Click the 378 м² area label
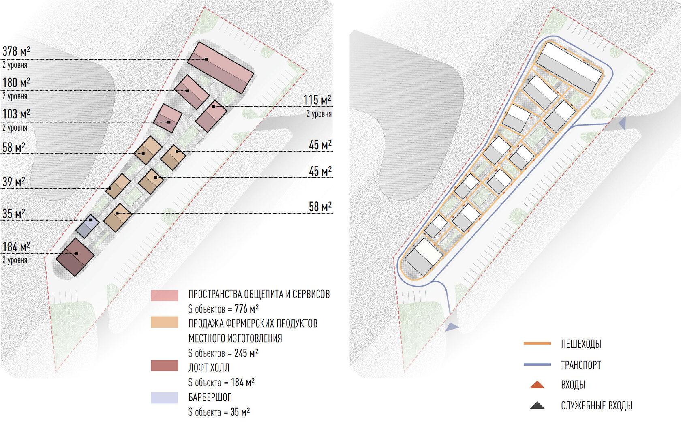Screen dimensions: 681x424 click(16, 51)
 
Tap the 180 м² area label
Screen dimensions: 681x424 click(16, 83)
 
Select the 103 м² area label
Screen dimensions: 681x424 click(16, 114)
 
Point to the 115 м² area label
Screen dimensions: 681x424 click(317, 100)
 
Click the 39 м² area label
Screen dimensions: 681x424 click(14, 182)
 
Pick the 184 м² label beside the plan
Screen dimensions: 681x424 click(16, 247)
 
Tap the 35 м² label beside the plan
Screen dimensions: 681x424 click(14, 214)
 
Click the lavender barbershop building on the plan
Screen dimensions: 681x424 click(87, 226)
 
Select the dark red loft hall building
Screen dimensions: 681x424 click(75, 257)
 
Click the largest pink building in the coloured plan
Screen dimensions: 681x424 click(221, 67)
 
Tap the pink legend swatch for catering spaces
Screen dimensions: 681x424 click(165, 296)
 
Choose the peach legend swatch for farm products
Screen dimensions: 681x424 click(165, 322)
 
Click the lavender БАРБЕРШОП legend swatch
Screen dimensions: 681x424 click(165, 398)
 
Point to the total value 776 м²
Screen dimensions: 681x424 click(246, 309)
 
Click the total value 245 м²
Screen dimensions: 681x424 click(246, 353)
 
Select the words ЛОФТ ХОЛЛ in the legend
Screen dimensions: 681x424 click(209, 368)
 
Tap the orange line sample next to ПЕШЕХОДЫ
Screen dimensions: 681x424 click(537, 343)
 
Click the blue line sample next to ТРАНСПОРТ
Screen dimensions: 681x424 click(537, 364)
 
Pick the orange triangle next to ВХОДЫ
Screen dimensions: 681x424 click(537, 385)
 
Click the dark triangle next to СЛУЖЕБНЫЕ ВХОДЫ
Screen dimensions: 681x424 click(537, 405)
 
